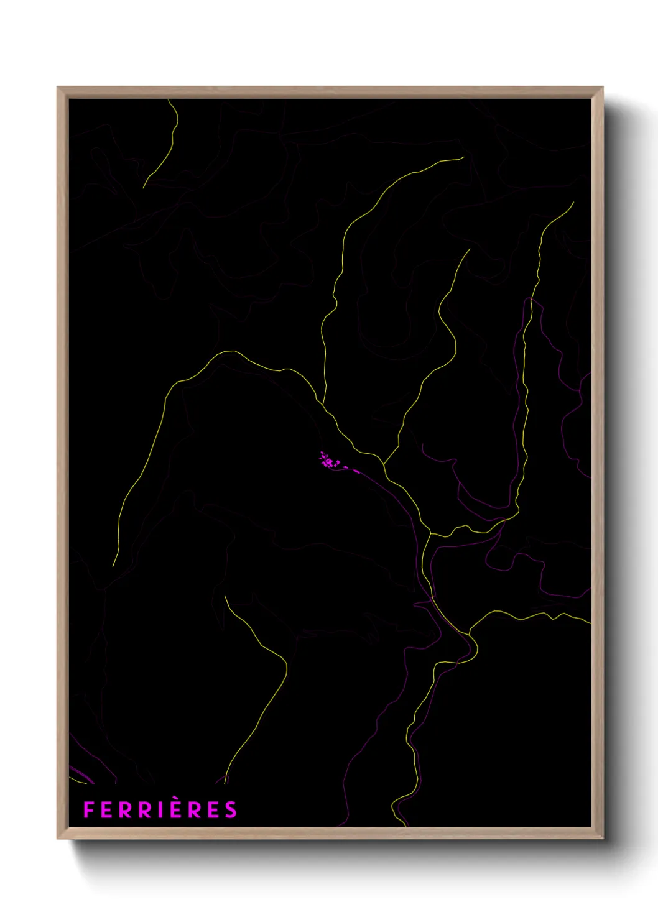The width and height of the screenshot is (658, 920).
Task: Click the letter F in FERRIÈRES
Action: click(88, 810)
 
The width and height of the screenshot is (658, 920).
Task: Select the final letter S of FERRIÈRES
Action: click(231, 810)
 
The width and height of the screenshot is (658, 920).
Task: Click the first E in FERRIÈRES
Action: click(106, 810)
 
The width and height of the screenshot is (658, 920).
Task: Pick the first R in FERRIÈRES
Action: click(126, 810)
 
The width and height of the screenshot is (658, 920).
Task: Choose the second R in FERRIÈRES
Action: click(146, 810)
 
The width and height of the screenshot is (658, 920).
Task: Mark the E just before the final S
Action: click(214, 810)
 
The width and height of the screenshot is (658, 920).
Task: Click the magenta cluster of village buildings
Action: click(327, 461)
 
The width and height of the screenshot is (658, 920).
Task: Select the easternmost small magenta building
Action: click(357, 471)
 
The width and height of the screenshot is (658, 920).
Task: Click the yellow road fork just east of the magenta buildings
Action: click(383, 464)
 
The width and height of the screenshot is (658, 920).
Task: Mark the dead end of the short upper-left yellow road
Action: click(144, 187)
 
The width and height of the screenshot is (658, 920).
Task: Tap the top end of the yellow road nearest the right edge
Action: click(573, 203)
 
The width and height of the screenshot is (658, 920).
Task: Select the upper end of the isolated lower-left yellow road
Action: click(225, 596)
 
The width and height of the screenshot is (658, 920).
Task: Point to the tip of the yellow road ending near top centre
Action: click(464, 157)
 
